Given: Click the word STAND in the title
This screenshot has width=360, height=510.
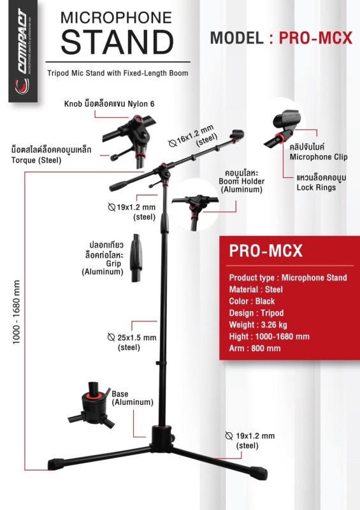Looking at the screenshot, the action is (117, 42).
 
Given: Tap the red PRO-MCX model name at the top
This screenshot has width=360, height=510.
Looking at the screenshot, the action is (315, 38).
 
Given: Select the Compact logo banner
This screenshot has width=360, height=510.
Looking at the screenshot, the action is (23, 51).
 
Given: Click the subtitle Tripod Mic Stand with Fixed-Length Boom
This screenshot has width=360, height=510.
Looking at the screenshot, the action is (118, 73).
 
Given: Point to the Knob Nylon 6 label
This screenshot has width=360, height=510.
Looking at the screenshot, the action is (109, 104).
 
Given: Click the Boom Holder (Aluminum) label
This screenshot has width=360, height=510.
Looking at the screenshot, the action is (241, 181).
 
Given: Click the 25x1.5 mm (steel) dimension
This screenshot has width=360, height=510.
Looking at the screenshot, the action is (132, 342).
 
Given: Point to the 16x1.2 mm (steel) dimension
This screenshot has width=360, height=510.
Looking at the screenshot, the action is (194, 136).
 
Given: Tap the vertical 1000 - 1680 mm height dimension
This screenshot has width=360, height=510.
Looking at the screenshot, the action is (17, 312).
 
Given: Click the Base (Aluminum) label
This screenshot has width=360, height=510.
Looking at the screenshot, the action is (133, 398).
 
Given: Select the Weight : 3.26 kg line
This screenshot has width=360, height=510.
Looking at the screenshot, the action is (258, 324).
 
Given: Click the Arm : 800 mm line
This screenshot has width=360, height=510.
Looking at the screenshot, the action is (255, 348).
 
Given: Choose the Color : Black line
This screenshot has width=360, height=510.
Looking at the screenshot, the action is (252, 301).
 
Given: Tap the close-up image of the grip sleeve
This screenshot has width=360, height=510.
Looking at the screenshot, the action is (136, 258).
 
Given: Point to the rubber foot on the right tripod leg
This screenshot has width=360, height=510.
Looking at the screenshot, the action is (259, 473).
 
